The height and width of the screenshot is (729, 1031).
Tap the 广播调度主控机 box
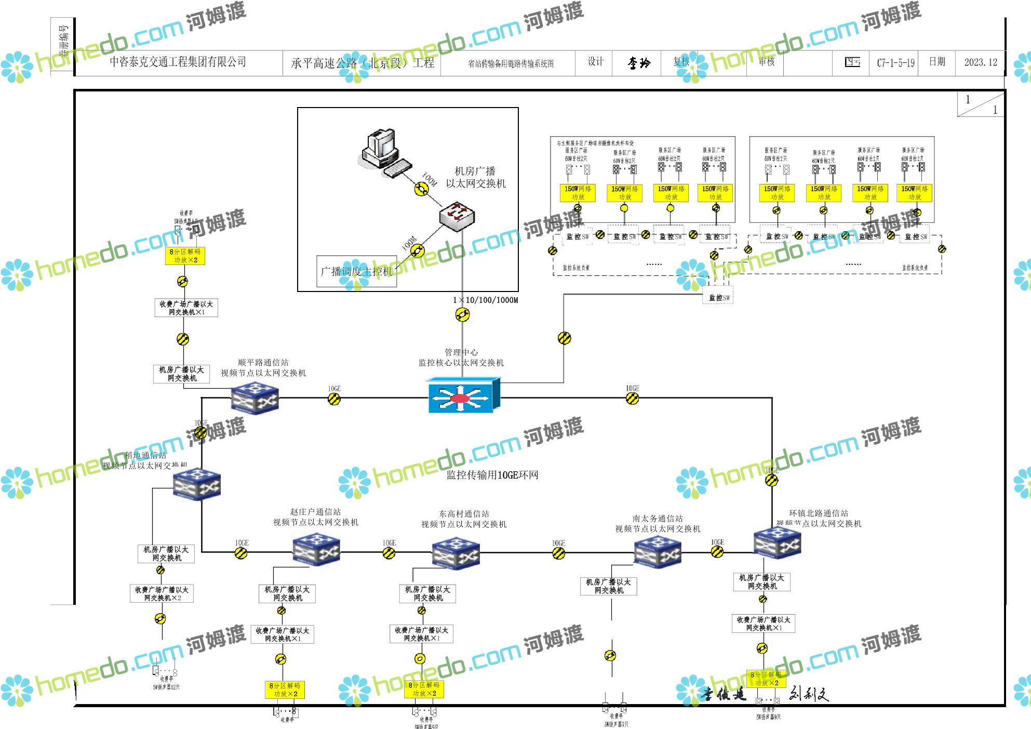click(x=357, y=271)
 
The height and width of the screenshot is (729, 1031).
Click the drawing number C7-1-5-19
click(x=895, y=63)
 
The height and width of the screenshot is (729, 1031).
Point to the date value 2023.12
click(x=981, y=62)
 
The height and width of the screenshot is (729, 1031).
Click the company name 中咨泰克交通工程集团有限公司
click(x=178, y=62)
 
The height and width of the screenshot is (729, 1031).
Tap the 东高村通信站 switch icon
click(x=456, y=553)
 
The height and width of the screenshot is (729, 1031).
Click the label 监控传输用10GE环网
click(x=492, y=475)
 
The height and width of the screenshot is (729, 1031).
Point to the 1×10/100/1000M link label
click(x=485, y=300)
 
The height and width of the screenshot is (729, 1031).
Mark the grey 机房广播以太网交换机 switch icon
click(x=457, y=216)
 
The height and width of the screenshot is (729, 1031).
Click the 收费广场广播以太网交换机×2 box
click(x=162, y=594)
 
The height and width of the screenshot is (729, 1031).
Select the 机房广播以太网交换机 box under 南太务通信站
click(x=608, y=586)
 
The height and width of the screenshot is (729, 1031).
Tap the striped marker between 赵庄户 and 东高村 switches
click(x=389, y=553)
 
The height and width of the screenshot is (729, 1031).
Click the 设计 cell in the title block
click(x=595, y=62)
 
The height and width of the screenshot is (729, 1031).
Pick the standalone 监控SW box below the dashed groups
click(x=719, y=298)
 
